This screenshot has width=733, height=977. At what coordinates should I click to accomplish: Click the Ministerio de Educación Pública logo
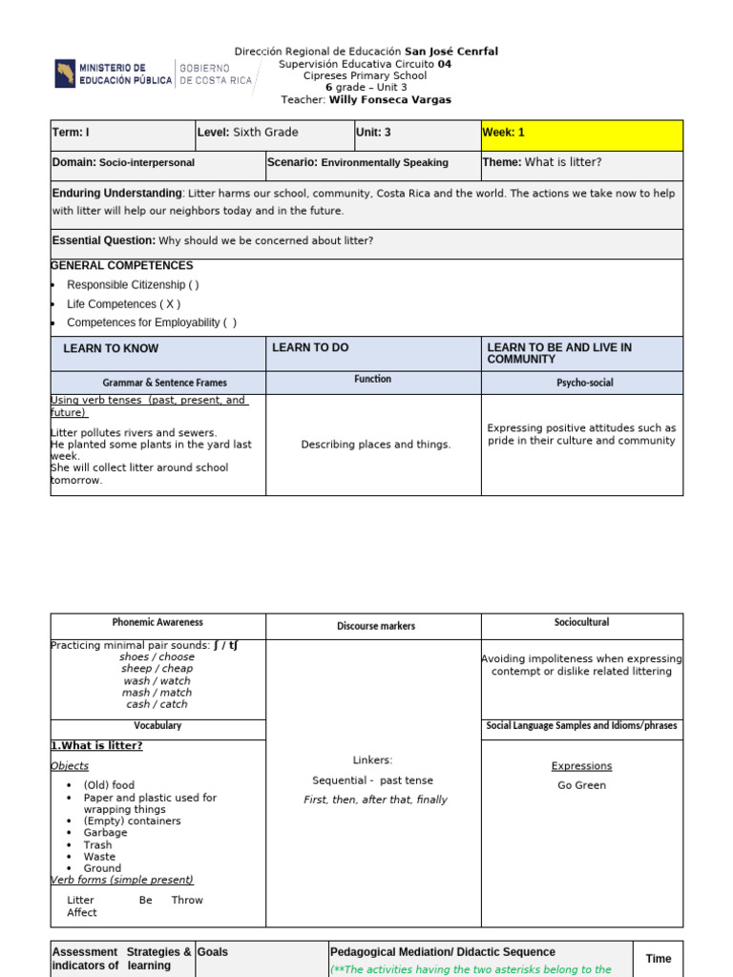pyautogui.click(x=113, y=74)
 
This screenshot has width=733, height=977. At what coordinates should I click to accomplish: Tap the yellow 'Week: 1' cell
pyautogui.click(x=582, y=135)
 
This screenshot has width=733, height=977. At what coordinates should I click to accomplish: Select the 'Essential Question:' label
pyautogui.click(x=104, y=241)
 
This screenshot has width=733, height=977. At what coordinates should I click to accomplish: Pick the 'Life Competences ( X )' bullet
pyautogui.click(x=123, y=304)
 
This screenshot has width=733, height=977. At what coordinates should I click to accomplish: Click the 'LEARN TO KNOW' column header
pyautogui.click(x=111, y=349)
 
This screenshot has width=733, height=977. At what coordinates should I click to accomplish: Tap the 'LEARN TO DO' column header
pyautogui.click(x=310, y=348)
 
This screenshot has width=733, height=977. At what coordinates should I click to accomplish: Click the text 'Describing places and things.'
pyautogui.click(x=376, y=445)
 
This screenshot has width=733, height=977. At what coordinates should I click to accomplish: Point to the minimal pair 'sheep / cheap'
pyautogui.click(x=157, y=669)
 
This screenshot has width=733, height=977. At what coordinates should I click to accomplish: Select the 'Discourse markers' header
pyautogui.click(x=375, y=627)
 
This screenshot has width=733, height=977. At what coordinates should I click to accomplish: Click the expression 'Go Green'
pyautogui.click(x=581, y=786)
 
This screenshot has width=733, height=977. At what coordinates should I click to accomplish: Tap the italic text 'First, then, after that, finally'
pyautogui.click(x=375, y=800)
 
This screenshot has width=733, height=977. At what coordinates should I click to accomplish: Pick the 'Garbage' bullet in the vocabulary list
pyautogui.click(x=105, y=833)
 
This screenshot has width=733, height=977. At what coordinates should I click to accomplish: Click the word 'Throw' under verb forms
pyautogui.click(x=187, y=901)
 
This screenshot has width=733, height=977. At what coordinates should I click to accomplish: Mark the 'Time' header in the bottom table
pyautogui.click(x=659, y=959)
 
